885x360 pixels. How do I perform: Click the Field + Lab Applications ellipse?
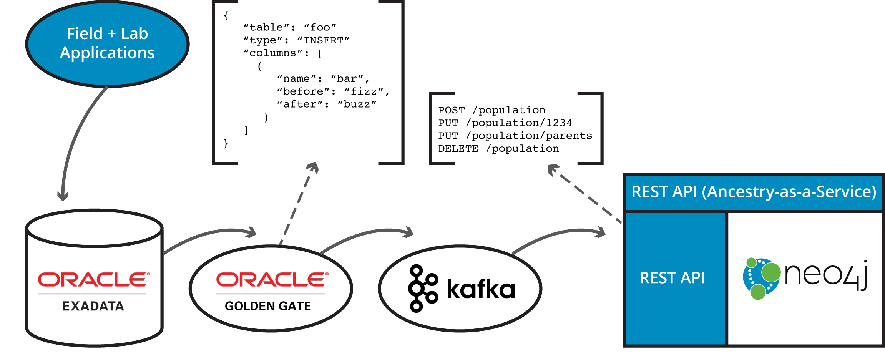pyautogui.click(x=107, y=43)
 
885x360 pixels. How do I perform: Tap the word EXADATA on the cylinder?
pyautogui.click(x=93, y=306)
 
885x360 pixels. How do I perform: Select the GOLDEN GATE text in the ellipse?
pyautogui.click(x=268, y=306)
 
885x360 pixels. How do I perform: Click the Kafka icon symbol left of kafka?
pyautogui.click(x=422, y=288)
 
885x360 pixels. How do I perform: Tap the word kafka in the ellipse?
pyautogui.click(x=481, y=289)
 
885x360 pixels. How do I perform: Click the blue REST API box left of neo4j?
pyautogui.click(x=672, y=277)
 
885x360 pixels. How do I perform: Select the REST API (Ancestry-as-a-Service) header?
pyautogui.click(x=754, y=192)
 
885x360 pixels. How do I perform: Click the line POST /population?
pyautogui.click(x=491, y=110)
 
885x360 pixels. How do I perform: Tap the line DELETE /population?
pyautogui.click(x=498, y=149)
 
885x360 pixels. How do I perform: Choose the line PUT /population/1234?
pyautogui.click(x=505, y=123)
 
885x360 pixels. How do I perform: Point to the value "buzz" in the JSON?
pyautogui.click(x=357, y=105)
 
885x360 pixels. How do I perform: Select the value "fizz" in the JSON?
pyautogui.click(x=364, y=91)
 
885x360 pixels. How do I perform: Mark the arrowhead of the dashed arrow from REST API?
pyautogui.click(x=553, y=169)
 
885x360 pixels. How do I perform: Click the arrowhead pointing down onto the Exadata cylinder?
pyautogui.click(x=63, y=196)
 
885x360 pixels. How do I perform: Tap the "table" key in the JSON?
pyautogui.click(x=266, y=27)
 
